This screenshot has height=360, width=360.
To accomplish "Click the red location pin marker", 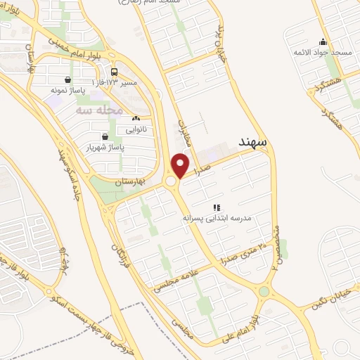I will click(181, 165).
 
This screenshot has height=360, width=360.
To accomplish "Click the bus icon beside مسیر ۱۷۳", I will click(114, 72).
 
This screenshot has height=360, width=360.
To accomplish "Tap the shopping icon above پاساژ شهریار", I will click(105, 136).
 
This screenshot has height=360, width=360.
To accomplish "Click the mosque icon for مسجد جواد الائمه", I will click(322, 42).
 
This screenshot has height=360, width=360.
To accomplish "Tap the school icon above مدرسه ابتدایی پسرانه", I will click(217, 207).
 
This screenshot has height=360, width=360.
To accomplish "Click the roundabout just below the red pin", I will click(171, 182).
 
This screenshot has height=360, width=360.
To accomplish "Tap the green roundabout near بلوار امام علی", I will click(264, 291).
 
